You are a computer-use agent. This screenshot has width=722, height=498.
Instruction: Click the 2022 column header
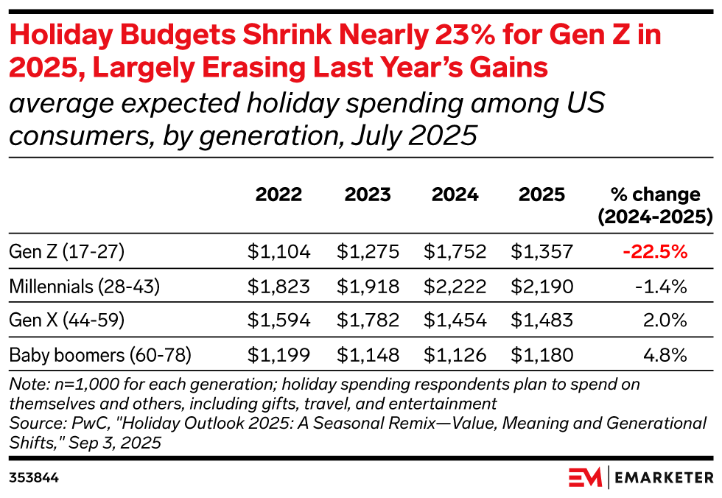pyautogui.click(x=278, y=194)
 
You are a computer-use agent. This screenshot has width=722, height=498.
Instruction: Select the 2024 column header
pyautogui.click(x=455, y=194)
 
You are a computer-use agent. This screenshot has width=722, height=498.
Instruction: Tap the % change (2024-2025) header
pyautogui.click(x=655, y=206)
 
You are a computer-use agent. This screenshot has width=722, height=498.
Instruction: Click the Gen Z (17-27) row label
pyautogui.click(x=67, y=252)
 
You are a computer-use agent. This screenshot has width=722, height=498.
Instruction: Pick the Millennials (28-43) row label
pyautogui.click(x=85, y=287)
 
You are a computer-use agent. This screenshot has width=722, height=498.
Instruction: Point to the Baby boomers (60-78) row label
pyautogui.click(x=100, y=356)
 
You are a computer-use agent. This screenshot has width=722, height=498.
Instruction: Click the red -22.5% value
pyautogui.click(x=655, y=252)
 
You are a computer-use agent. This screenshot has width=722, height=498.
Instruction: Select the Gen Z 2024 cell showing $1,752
pyautogui.click(x=455, y=252)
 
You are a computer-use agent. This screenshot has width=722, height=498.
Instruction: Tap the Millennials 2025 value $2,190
pyautogui.click(x=541, y=287)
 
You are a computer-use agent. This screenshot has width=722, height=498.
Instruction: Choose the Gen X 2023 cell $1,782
pyautogui.click(x=368, y=321)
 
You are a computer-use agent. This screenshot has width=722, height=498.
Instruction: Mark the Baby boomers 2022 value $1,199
pyautogui.click(x=278, y=356)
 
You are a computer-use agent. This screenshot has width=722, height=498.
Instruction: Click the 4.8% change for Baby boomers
pyautogui.click(x=665, y=356)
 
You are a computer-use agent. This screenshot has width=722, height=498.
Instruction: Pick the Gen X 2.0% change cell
pyautogui.click(x=666, y=321)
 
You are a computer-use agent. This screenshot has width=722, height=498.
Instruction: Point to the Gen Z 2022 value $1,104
pyautogui.click(x=278, y=252)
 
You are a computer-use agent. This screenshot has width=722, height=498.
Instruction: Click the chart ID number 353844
pyautogui.click(x=34, y=477)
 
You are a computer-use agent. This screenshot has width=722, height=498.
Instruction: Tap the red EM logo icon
pyautogui.click(x=585, y=477)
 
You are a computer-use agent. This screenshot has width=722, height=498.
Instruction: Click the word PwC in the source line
pyautogui.click(x=72, y=424)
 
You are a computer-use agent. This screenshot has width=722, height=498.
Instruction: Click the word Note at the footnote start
pyautogui.click(x=25, y=385)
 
